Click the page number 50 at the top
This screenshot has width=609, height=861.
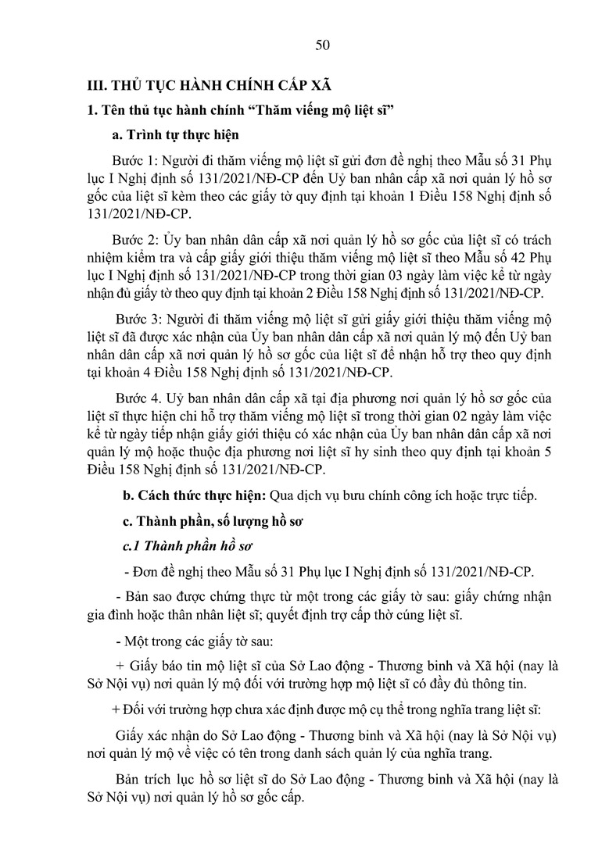322,45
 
